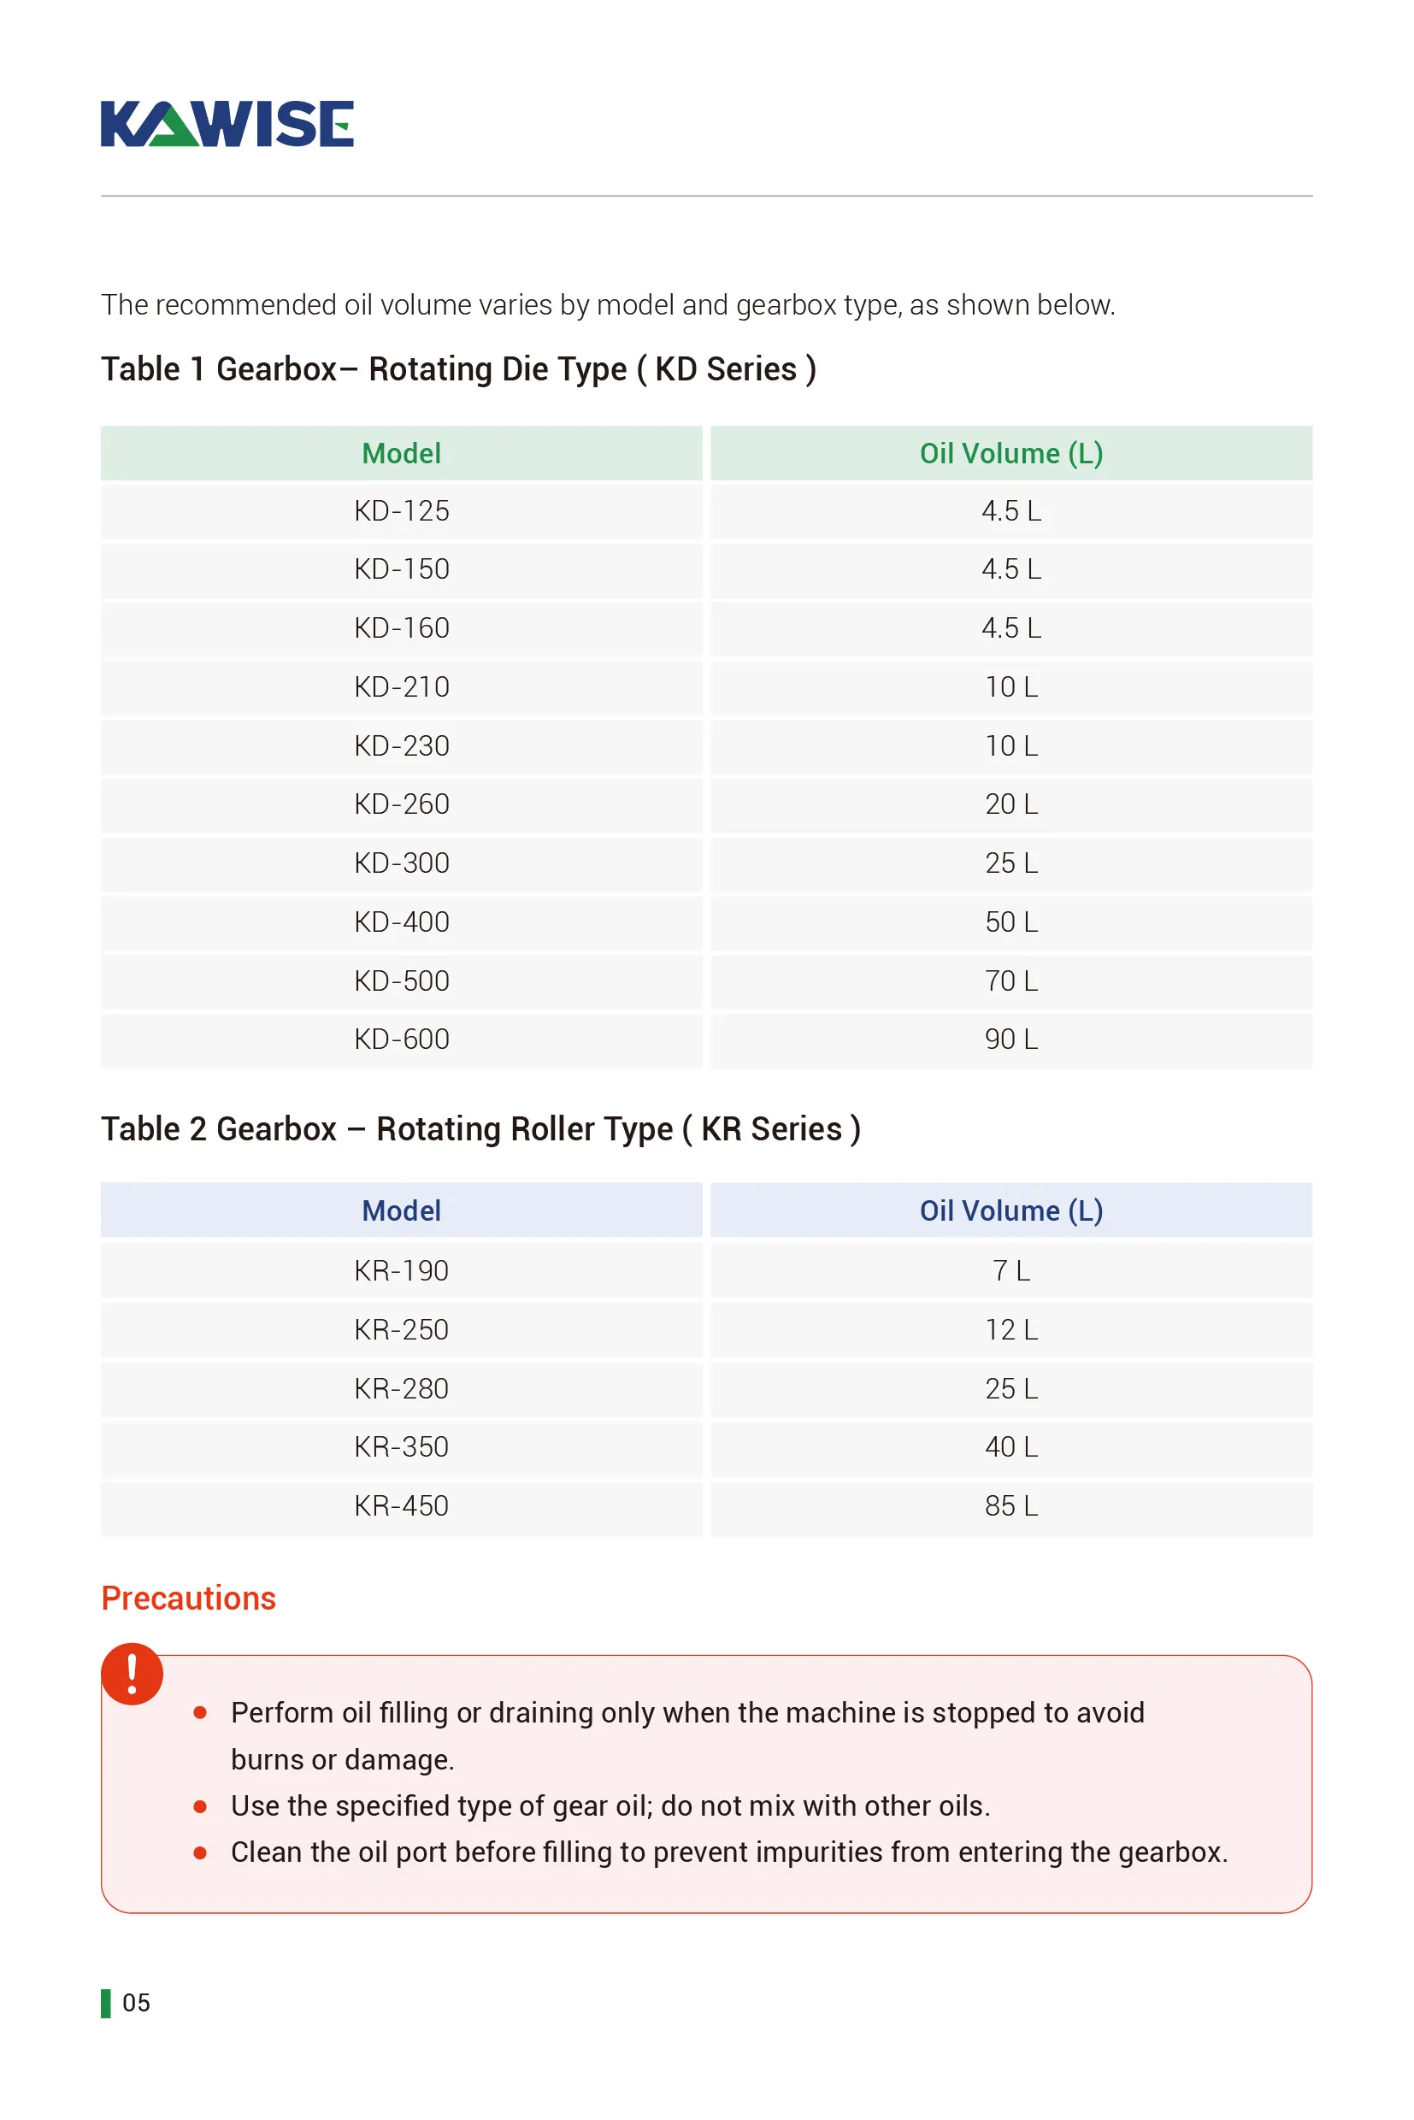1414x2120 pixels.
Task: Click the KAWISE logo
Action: click(x=227, y=124)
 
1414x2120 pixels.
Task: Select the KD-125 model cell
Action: click(x=401, y=511)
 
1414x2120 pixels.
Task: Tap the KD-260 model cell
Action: click(x=401, y=804)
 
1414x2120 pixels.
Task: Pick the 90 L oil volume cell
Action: click(x=1010, y=1039)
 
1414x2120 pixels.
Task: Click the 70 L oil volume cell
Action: click(x=1010, y=981)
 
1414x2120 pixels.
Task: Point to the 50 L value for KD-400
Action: click(x=1010, y=922)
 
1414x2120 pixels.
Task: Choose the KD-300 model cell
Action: click(x=401, y=864)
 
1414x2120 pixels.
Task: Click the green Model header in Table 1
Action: click(x=401, y=454)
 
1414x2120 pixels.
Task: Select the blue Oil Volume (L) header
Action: click(x=1010, y=1211)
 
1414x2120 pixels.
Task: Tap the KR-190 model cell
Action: click(x=401, y=1271)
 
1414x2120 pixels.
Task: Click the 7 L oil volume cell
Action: click(x=1010, y=1271)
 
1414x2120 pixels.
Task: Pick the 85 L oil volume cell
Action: click(x=1010, y=1506)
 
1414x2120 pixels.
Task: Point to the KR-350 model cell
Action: click(x=401, y=1447)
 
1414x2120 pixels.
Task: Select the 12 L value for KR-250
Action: click(x=1010, y=1330)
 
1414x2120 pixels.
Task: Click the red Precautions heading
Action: click(x=188, y=1599)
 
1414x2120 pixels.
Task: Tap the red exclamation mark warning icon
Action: click(x=133, y=1674)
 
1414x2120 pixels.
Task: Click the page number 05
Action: click(x=136, y=2003)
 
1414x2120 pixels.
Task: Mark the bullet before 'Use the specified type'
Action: click(x=200, y=1806)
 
